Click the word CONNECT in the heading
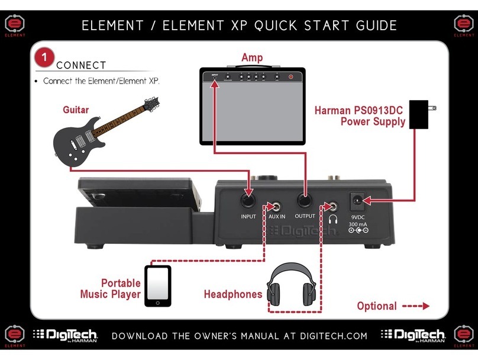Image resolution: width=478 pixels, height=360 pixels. [81, 65]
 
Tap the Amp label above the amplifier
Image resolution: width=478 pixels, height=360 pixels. [251, 57]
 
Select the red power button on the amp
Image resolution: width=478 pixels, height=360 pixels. [290, 77]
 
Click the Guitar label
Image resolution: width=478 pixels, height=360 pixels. [76, 110]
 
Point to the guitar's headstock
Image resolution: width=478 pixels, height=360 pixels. [150, 105]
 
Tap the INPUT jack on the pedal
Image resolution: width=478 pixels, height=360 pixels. [248, 200]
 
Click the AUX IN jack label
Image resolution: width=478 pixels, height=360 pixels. [277, 217]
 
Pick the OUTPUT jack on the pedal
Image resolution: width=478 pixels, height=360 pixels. [305, 200]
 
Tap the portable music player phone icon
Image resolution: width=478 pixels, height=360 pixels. [158, 286]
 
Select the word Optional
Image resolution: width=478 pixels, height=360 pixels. [376, 306]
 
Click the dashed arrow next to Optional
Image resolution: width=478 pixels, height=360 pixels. [415, 306]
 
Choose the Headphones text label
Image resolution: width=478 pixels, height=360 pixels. [232, 294]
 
